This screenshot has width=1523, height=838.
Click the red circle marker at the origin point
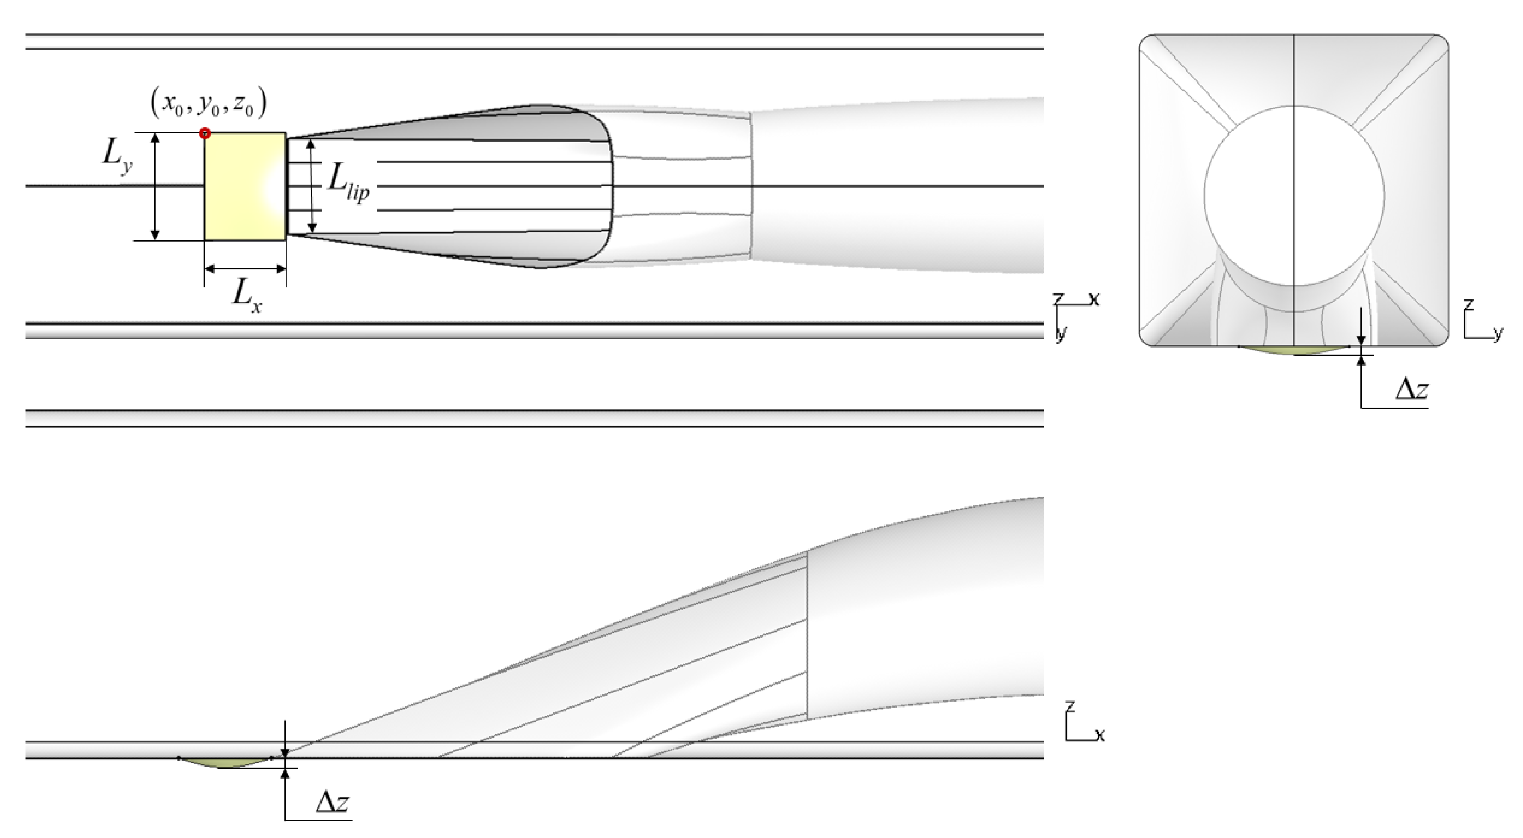(205, 133)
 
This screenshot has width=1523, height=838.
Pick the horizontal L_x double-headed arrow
(245, 269)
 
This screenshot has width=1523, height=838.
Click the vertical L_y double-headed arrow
(156, 186)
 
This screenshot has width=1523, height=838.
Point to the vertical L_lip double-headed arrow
(313, 186)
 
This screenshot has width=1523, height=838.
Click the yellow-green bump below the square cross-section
(1294, 350)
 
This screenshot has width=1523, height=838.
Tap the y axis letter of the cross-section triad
(1498, 334)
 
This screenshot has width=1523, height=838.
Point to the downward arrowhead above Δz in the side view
(285, 752)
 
